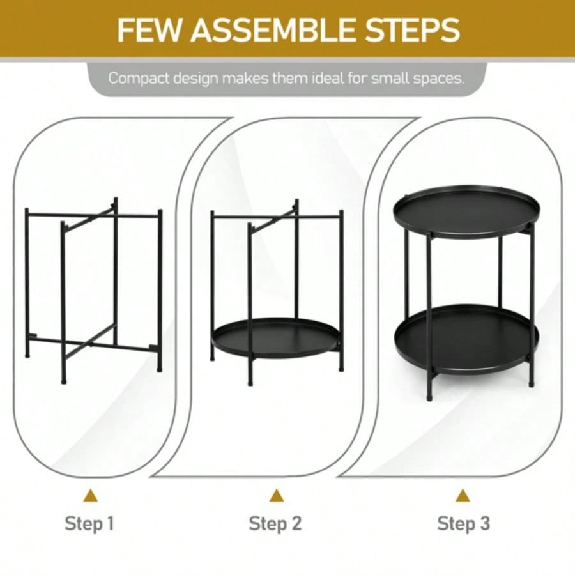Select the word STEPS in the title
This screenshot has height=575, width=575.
tap(415, 29)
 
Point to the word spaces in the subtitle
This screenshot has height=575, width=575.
tap(439, 79)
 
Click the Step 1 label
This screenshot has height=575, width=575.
tap(89, 524)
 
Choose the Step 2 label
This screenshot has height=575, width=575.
tap(275, 524)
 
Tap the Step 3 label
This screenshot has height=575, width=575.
tap(463, 524)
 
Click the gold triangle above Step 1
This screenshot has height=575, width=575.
tap(91, 495)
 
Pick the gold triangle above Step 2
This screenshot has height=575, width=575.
tap(276, 495)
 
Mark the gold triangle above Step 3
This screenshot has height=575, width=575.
tap(463, 495)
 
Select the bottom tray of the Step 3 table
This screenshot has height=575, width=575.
tap(466, 339)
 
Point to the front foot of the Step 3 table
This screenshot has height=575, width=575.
tap(429, 395)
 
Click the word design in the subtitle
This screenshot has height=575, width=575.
tap(192, 79)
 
